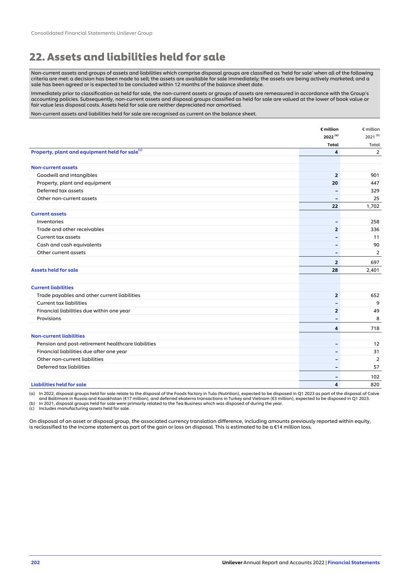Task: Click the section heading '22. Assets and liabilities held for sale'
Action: click(x=127, y=57)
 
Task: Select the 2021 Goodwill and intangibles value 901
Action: click(x=374, y=175)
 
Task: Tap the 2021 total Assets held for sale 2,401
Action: click(x=373, y=270)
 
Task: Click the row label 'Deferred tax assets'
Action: click(x=60, y=191)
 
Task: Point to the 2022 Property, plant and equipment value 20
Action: click(x=335, y=183)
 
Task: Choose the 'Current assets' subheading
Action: click(x=48, y=214)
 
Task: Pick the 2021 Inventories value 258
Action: click(x=374, y=222)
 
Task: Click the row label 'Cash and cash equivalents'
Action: click(x=69, y=245)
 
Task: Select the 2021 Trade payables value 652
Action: click(x=374, y=296)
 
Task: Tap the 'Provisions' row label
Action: click(x=49, y=319)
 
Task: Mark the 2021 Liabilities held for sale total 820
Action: click(x=374, y=385)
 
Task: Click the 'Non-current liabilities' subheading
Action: click(x=58, y=336)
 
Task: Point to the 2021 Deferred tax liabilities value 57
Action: click(x=376, y=367)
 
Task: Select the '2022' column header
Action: click(x=329, y=137)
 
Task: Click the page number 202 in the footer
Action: click(x=35, y=563)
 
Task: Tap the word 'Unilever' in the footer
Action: click(x=232, y=563)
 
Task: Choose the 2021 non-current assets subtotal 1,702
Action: click(x=373, y=206)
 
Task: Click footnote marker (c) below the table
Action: click(x=32, y=408)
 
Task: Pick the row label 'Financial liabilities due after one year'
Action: click(x=82, y=352)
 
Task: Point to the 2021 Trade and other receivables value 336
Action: click(x=374, y=229)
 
